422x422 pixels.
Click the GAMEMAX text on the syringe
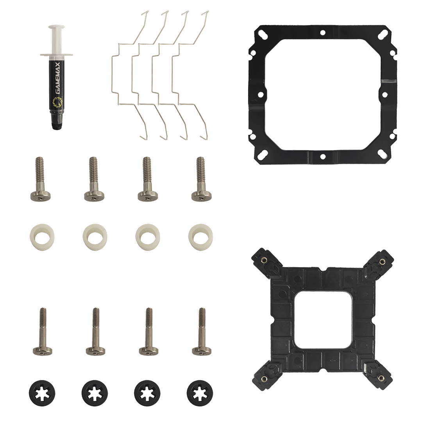(x=58, y=79)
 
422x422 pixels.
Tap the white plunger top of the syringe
(x=57, y=27)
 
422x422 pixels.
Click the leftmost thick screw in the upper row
(x=40, y=179)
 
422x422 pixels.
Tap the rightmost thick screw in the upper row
(x=201, y=179)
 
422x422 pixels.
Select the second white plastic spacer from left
(x=95, y=237)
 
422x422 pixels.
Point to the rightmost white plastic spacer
(x=200, y=237)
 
